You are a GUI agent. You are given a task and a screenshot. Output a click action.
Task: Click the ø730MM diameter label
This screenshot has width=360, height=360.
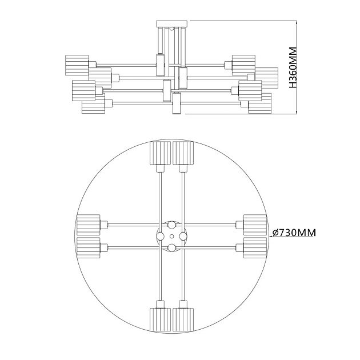tap(294, 233)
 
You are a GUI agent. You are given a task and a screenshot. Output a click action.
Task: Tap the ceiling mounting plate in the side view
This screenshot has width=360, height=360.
tap(172, 23)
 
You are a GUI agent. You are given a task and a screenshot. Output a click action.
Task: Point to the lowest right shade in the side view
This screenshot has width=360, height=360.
tap(259, 103)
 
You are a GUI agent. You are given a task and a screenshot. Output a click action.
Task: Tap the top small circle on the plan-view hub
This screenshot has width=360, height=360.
tap(171, 225)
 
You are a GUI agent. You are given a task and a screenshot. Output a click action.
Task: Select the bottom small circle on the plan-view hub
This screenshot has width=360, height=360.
tap(171, 247)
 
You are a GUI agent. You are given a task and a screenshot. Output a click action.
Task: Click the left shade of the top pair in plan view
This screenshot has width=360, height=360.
tap(160, 153)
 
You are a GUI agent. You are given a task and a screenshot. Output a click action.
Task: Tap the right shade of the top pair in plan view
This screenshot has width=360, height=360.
tap(183, 153)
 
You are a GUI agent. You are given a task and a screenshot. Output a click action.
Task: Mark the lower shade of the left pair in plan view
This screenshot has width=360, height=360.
tap(88, 247)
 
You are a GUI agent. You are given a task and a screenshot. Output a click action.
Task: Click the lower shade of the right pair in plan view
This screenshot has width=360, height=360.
tap(255, 247)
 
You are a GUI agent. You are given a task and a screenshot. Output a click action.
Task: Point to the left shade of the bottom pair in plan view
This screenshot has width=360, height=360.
tap(160, 319)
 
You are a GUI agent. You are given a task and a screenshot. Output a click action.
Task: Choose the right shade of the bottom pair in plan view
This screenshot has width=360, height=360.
tap(183, 319)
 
